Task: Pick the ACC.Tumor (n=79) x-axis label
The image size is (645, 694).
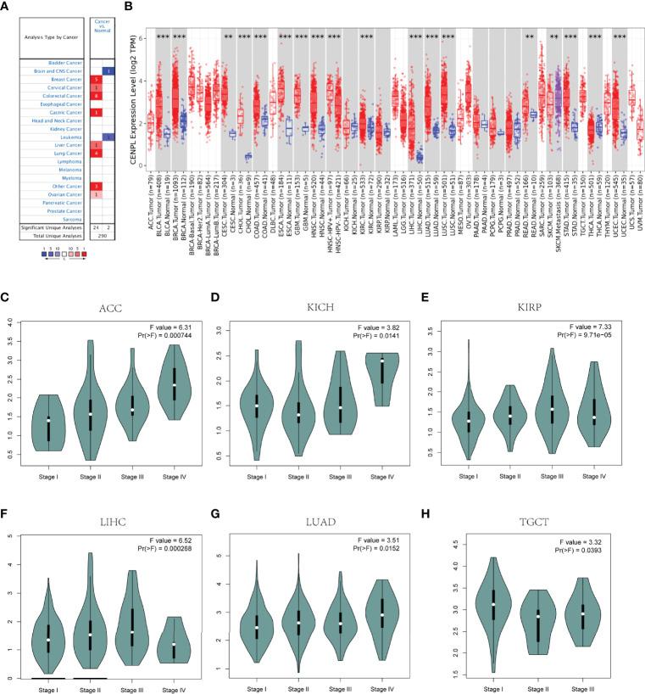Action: [x=151, y=200]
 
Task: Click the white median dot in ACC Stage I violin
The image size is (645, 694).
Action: [x=49, y=420]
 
